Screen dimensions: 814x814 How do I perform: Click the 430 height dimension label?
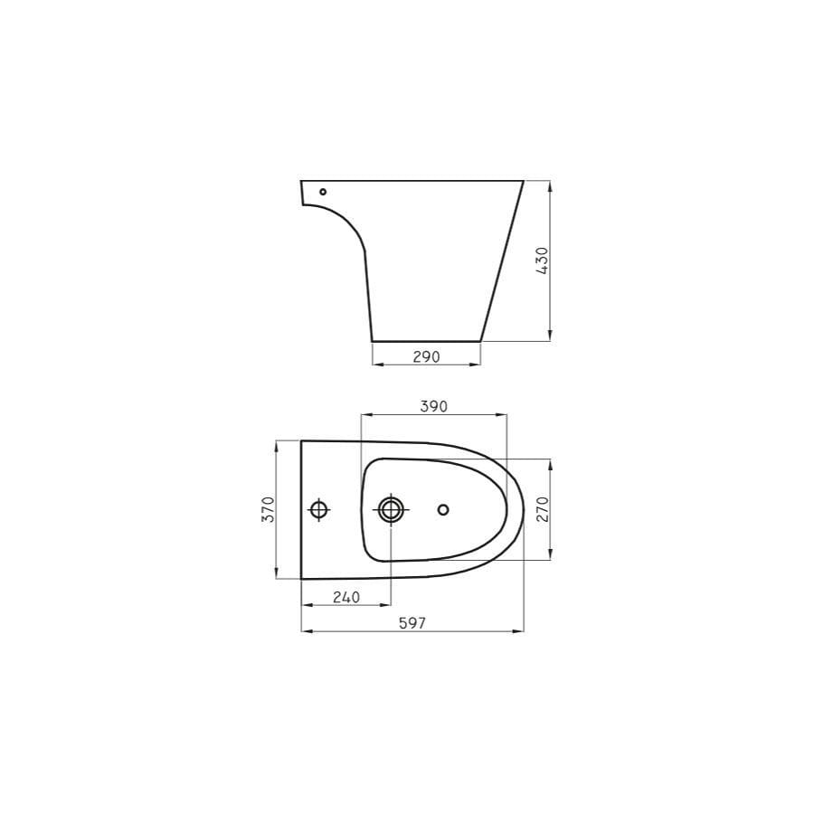542,260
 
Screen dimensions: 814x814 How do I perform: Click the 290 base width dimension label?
426,356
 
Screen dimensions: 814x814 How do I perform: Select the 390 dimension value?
433,406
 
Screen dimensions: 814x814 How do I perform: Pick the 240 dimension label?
346,598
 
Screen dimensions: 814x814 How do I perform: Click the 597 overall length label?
412,623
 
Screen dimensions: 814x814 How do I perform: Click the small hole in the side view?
323,192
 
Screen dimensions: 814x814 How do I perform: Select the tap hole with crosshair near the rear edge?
318,510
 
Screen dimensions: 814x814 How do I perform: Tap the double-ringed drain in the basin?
391,510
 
